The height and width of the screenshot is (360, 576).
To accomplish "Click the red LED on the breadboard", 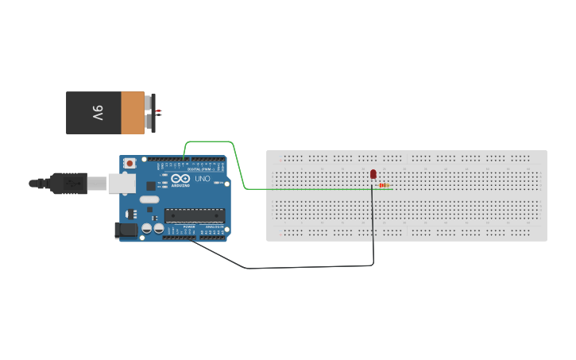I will coord(373,174).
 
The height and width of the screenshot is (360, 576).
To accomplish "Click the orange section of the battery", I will coord(133,112).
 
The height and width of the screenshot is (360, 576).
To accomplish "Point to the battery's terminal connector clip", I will coord(150,112).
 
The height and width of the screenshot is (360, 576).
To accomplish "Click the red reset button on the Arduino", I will coord(130,163).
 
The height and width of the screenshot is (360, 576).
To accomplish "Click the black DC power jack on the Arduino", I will coord(125,230).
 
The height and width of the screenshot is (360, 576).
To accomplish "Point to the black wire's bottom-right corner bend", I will coord(373,265).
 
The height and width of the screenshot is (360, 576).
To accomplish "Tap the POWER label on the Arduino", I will coord(189,226).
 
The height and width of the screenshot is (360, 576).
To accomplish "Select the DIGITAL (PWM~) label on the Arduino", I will coord(199,169).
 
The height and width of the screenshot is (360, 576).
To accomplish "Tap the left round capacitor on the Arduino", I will coord(147,229).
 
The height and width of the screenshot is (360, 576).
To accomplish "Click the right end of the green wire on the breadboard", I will coord(392,189).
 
